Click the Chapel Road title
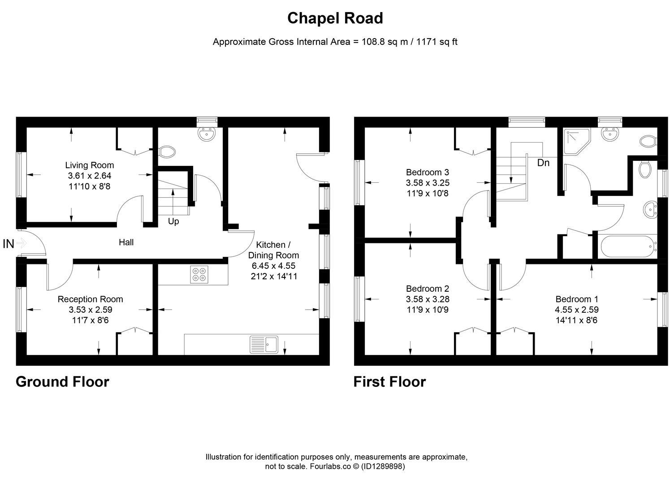click(x=335, y=18)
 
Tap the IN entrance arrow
click(x=21, y=243)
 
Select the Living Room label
click(x=90, y=165)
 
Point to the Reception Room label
click(x=90, y=299)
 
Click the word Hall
click(x=126, y=242)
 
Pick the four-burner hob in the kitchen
click(x=199, y=274)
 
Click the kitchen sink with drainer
click(x=264, y=345)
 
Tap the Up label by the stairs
click(x=173, y=221)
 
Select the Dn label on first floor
click(x=543, y=163)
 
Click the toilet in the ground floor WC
click(x=167, y=152)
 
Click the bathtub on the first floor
click(x=627, y=247)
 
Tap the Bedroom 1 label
click(x=577, y=299)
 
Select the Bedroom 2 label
click(x=428, y=289)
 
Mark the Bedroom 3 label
click(x=428, y=172)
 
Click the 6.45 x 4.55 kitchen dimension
click(x=273, y=266)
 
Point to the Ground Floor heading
click(x=62, y=382)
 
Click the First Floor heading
click(x=389, y=382)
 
